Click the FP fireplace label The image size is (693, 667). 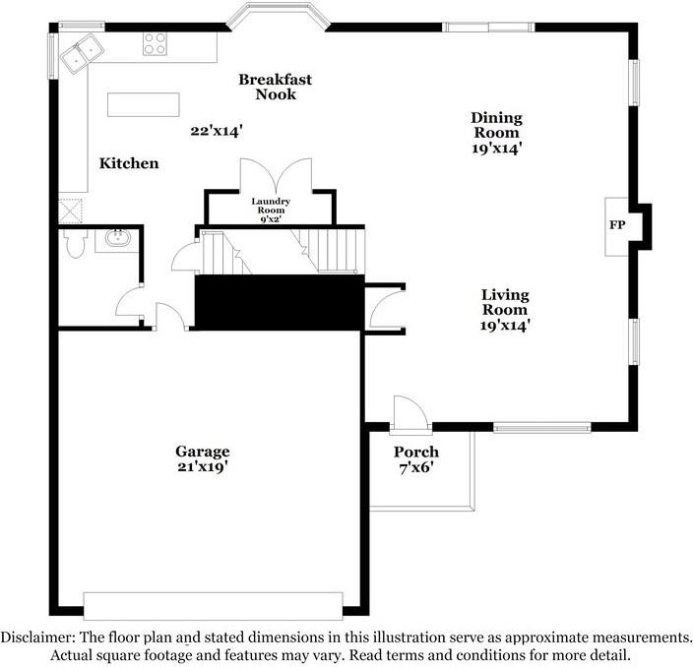tap(617, 225)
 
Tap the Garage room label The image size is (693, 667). tap(203, 452)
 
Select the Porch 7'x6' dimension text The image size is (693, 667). tap(415, 467)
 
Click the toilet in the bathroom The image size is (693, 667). tap(75, 243)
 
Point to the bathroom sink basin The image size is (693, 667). tap(117, 239)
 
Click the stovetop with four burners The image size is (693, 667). tap(155, 44)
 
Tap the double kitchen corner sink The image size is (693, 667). tap(82, 52)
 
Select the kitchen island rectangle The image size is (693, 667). tap(143, 104)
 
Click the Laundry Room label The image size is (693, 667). tap(271, 206)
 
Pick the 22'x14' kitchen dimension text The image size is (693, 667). tap(217, 131)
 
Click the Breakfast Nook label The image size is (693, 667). tap(276, 87)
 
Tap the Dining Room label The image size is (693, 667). tap(496, 125)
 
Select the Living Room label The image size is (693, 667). tap(505, 302)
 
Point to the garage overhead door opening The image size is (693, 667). tap(213, 606)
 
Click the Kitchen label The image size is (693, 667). tap(129, 163)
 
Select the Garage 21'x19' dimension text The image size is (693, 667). tap(203, 466)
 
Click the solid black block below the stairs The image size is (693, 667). tap(280, 302)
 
